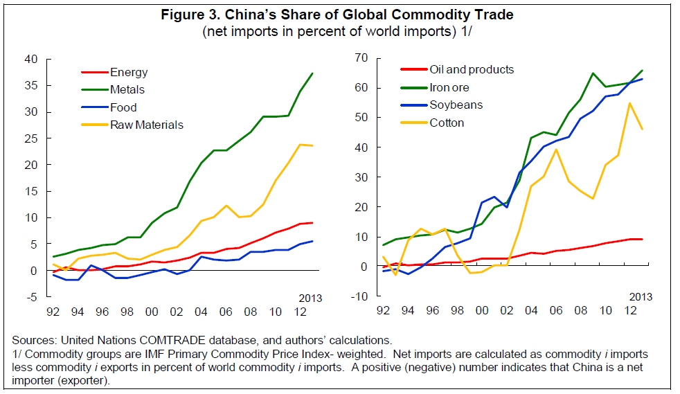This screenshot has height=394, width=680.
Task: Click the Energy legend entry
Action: (129, 72)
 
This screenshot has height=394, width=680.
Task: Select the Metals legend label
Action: (127, 89)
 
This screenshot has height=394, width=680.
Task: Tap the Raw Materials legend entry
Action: (146, 125)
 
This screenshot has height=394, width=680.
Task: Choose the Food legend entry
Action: (123, 107)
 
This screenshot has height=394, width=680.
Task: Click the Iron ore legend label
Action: (449, 87)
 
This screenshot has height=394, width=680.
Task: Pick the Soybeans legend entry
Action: (456, 105)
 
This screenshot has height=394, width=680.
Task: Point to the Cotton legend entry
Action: (447, 123)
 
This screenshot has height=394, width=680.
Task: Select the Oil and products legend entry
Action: (472, 69)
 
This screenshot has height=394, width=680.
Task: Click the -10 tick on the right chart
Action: (357, 297)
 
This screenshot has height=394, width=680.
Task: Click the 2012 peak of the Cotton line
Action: (630, 103)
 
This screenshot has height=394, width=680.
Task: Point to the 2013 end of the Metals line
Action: (312, 73)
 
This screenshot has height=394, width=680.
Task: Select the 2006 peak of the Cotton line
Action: (555, 150)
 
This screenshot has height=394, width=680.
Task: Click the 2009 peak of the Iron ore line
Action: (593, 73)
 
